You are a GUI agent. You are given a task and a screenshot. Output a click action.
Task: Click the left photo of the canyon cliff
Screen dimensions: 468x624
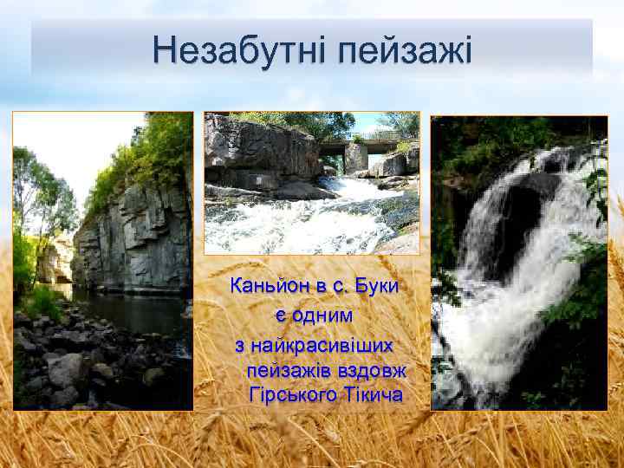103,260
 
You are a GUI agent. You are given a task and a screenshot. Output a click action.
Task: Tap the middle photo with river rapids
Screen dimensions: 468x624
311,183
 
